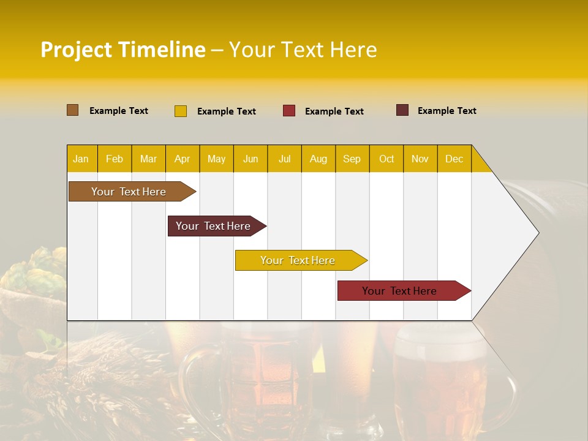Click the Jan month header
(x=81, y=159)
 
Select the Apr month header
(x=183, y=159)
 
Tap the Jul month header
(x=284, y=159)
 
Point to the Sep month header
(x=352, y=159)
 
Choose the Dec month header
(x=454, y=159)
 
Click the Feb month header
(x=115, y=159)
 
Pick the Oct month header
(x=386, y=159)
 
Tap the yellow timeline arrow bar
(x=298, y=260)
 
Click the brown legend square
(x=72, y=110)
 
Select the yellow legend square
(x=181, y=111)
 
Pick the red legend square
(x=289, y=111)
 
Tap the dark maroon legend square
(x=402, y=110)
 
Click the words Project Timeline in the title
(x=123, y=50)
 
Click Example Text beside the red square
(x=334, y=111)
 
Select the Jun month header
(x=251, y=159)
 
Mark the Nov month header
(x=420, y=159)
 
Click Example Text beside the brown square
(x=119, y=111)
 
